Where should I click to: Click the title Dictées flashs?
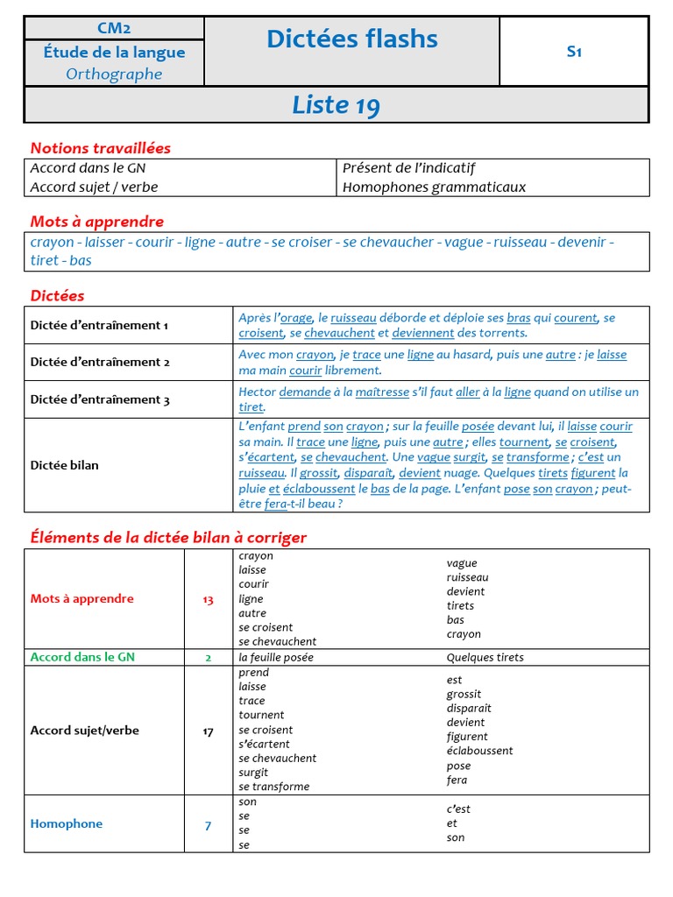(x=351, y=39)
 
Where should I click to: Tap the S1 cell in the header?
(x=574, y=51)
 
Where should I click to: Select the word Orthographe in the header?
(x=114, y=74)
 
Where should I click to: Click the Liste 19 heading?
(x=336, y=105)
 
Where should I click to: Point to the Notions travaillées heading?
(x=101, y=148)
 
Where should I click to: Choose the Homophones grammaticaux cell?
(x=434, y=187)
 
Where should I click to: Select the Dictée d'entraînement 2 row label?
(x=100, y=362)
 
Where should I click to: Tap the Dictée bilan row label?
(x=64, y=465)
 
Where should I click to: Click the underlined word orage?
(x=295, y=318)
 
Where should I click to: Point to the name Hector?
(x=257, y=392)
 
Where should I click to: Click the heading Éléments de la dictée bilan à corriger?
(x=168, y=537)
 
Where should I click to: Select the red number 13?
(x=208, y=600)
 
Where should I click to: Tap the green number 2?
(x=208, y=657)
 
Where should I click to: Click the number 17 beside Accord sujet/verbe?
(x=208, y=731)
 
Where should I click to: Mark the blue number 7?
(x=208, y=824)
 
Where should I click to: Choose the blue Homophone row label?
(x=66, y=823)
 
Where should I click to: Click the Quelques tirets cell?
(x=485, y=658)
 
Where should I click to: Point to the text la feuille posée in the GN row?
(x=275, y=658)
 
